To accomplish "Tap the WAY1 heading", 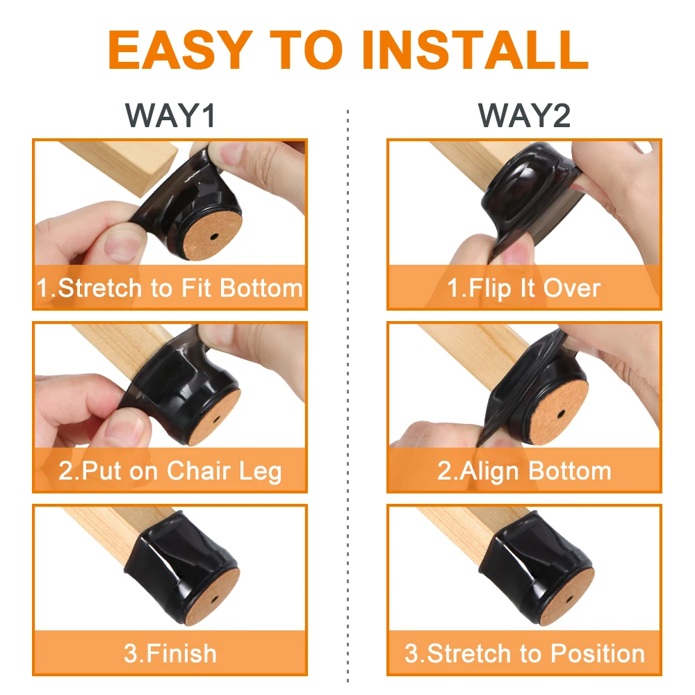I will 170,115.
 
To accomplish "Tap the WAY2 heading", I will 525,115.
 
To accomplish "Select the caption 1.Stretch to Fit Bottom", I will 170,288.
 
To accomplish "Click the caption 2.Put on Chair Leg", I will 170,471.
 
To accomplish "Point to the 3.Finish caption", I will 170,653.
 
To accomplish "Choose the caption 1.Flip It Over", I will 525,288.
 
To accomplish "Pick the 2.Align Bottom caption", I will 525,471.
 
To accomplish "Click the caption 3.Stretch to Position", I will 525,653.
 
